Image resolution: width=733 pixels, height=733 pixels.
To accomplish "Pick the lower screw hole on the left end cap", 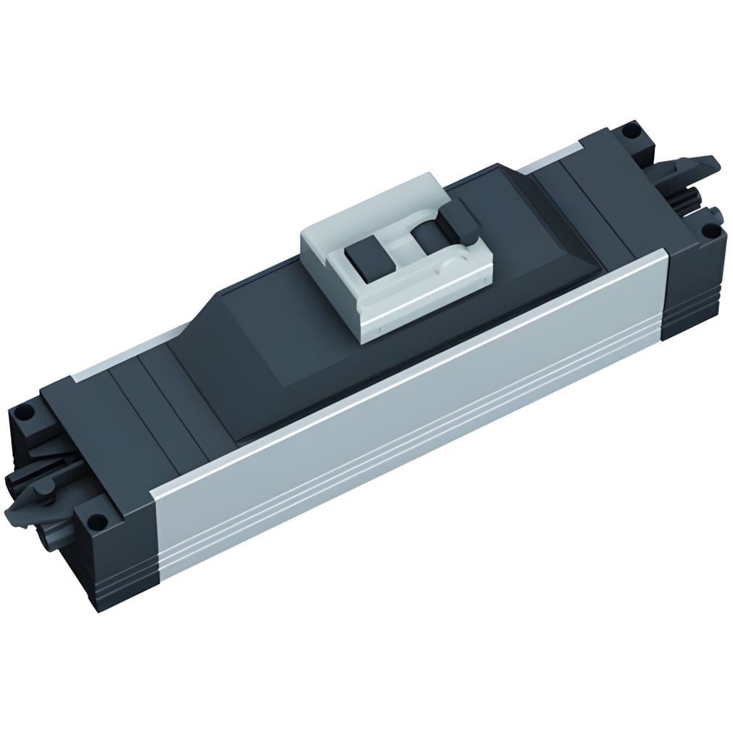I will [93, 520].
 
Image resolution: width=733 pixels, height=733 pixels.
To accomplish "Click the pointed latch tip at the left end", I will [15, 515].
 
